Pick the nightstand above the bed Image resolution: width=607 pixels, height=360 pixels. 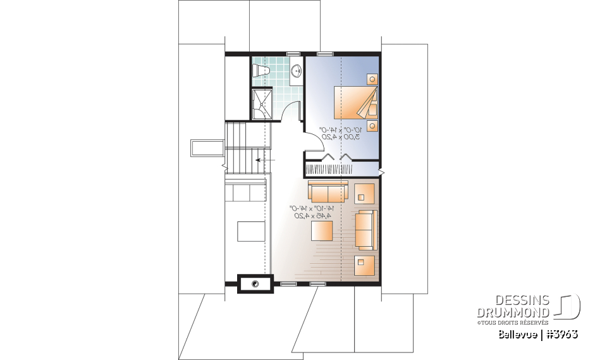tap(372, 79)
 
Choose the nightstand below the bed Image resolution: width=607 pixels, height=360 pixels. tap(372, 125)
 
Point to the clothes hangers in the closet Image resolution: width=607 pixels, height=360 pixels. tap(341, 170)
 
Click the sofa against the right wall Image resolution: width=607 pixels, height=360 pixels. tap(365, 230)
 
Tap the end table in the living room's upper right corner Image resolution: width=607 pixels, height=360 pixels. tap(364, 192)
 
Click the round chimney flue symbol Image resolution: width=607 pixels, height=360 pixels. tap(255, 284)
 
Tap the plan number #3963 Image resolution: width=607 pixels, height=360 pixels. tap(561, 333)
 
